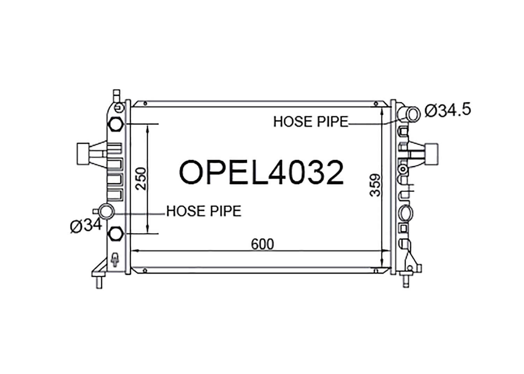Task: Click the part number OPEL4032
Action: pos(262,172)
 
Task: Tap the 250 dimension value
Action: pos(141,179)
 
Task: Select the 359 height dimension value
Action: pos(375,185)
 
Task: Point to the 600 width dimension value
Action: pos(262,244)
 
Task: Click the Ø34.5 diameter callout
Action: pos(447,110)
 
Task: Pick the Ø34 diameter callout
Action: pos(86,225)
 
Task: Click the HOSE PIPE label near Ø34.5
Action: pos(311,122)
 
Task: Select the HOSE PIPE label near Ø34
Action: pos(204,211)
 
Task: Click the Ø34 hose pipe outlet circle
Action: pos(107,211)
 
